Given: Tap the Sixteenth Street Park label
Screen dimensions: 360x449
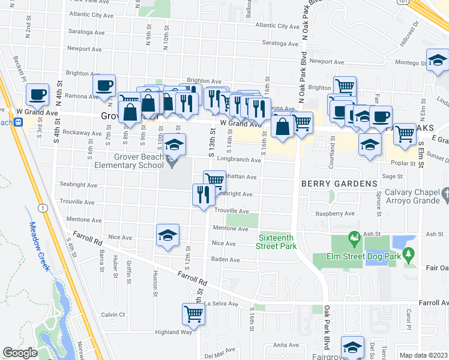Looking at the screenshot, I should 277,242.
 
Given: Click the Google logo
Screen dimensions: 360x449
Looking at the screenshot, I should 20,353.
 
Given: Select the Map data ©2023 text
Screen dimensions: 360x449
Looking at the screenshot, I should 424,355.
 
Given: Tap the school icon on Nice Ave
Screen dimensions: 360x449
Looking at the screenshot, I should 167,235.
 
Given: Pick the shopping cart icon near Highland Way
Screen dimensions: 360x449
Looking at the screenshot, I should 193,313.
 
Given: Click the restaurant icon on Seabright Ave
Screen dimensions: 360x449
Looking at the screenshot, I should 203,194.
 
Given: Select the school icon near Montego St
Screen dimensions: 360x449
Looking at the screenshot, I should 438,60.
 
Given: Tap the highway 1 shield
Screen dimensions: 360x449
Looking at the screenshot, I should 41,208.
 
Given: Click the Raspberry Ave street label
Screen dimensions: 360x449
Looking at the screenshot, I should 336,214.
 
